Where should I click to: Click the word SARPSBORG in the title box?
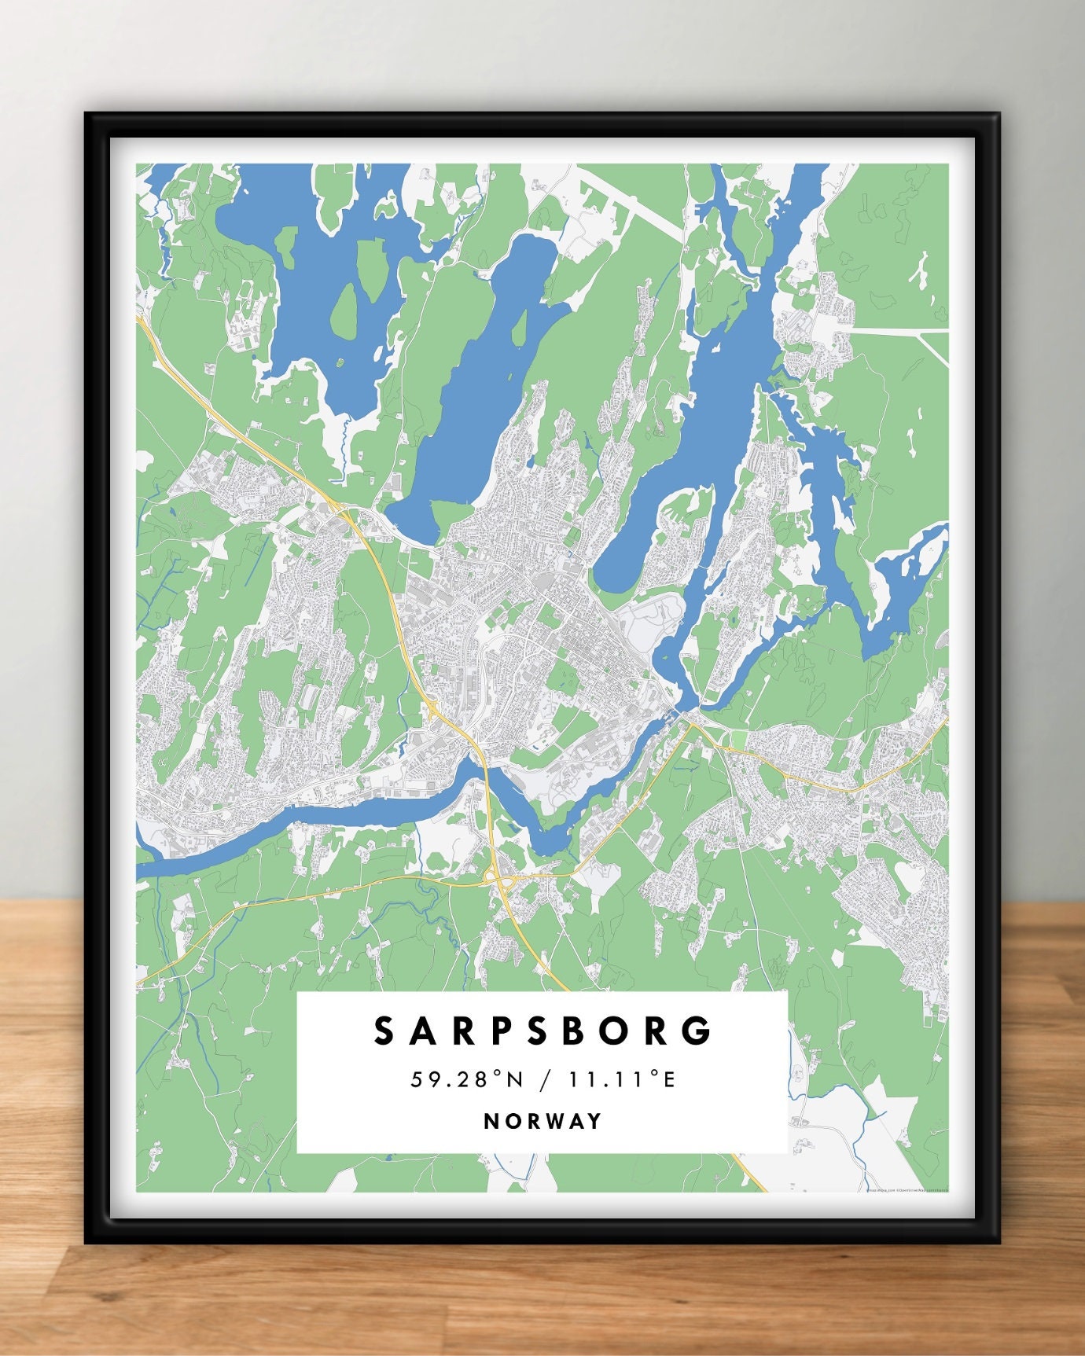(542, 1031)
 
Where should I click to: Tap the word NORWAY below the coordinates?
(542, 1121)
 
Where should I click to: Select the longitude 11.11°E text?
(623, 1079)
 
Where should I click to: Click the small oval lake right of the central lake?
(629, 550)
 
